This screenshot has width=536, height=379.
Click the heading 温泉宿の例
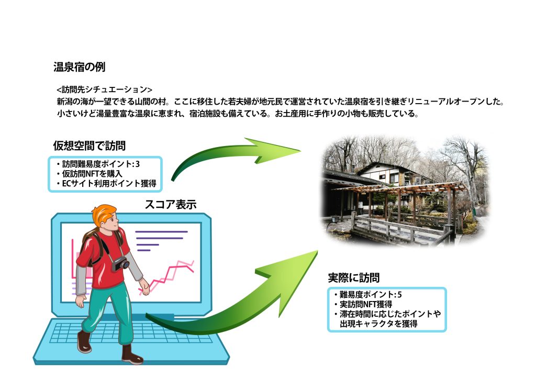(x=80, y=67)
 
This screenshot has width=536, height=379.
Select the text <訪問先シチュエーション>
(x=104, y=90)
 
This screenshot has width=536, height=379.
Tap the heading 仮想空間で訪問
(x=90, y=146)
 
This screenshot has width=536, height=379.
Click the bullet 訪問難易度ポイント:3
(x=98, y=164)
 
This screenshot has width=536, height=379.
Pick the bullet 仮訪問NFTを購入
(x=90, y=174)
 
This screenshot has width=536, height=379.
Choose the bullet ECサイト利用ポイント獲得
(x=107, y=184)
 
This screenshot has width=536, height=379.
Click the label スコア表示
(x=171, y=205)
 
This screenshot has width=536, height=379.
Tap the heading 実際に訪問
(x=354, y=278)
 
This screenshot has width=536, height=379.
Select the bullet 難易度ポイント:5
(x=368, y=295)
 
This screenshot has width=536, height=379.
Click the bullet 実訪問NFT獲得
(x=363, y=304)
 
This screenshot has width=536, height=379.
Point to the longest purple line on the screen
(x=161, y=232)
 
